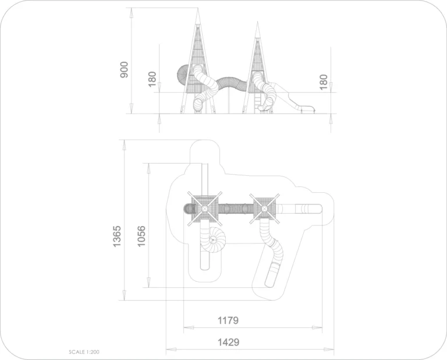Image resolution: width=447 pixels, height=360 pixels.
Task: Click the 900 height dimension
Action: [125, 69]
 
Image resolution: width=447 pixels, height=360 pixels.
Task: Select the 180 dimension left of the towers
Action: [152, 79]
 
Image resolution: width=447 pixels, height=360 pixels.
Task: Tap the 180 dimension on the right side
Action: [323, 82]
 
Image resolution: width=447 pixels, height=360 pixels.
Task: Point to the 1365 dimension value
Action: [117, 237]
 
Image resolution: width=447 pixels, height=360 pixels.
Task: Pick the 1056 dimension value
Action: [141, 237]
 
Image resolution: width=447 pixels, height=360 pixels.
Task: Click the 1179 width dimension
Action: [228, 320]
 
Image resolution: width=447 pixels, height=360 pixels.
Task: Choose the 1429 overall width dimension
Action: [228, 342]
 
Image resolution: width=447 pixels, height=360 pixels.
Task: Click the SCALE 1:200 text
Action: [84, 352]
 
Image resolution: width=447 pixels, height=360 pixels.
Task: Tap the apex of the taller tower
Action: [197, 8]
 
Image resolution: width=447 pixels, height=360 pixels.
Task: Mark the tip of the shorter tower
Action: [257, 22]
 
